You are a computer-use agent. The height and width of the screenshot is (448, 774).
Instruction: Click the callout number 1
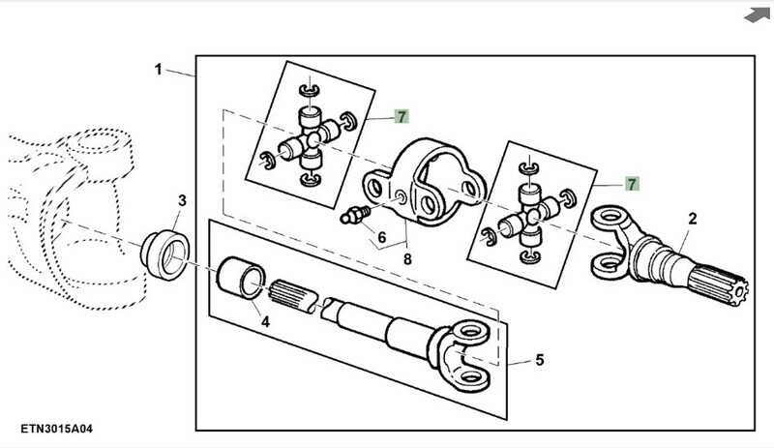(158, 69)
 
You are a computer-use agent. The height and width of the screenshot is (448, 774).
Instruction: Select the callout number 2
(693, 219)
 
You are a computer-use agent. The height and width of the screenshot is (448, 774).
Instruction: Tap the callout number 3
(183, 201)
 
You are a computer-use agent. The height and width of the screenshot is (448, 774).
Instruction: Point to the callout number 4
(265, 322)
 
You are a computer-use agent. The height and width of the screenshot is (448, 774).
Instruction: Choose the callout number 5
(540, 360)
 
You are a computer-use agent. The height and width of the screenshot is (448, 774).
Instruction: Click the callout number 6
(381, 238)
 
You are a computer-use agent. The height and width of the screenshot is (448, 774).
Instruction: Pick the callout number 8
(407, 258)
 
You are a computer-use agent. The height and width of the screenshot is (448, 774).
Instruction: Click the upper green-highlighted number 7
(402, 116)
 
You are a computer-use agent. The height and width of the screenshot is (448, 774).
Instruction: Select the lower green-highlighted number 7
(632, 184)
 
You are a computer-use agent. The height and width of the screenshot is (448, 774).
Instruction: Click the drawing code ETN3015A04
(56, 429)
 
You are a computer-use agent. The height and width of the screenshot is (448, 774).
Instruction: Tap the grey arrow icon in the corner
(757, 15)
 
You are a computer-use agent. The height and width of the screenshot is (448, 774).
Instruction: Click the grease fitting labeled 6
(355, 215)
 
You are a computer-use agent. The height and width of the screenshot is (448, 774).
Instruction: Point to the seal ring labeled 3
(165, 254)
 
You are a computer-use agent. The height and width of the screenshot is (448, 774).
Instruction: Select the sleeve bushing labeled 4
(241, 278)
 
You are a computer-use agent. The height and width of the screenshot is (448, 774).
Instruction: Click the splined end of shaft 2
(718, 284)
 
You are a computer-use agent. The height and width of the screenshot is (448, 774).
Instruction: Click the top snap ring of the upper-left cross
(310, 90)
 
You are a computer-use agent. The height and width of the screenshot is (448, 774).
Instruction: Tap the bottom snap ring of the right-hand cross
(528, 257)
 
